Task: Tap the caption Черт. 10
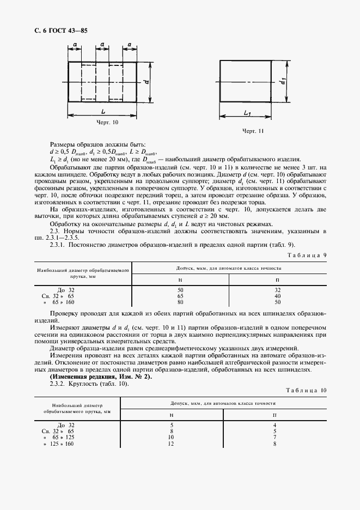pyautogui.click(x=107, y=123)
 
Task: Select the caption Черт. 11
pyautogui.click(x=253, y=131)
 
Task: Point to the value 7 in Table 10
pyautogui.click(x=275, y=437)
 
